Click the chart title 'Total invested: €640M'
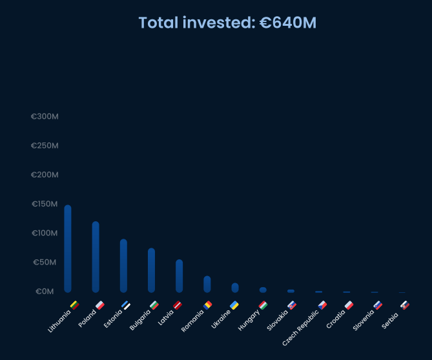[227, 23]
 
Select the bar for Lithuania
[68, 248]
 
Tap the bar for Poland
[96, 257]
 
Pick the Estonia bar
[123, 266]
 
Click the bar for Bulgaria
[151, 270]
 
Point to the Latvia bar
[179, 276]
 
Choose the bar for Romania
[207, 284]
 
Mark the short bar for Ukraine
[235, 288]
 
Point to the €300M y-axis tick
[45, 117]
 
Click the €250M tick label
[45, 146]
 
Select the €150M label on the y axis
[45, 204]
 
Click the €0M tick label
[45, 292]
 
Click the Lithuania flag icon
[74, 305]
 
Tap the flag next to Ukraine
[234, 305]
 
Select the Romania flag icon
[207, 305]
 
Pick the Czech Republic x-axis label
[301, 327]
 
